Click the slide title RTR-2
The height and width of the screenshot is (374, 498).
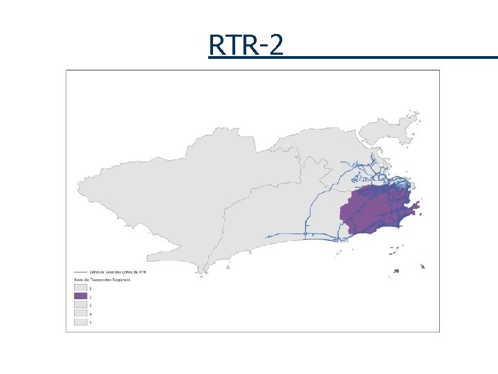click(246, 46)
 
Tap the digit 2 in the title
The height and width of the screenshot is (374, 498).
click(275, 46)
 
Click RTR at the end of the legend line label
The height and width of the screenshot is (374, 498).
click(143, 272)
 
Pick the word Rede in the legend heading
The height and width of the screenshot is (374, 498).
click(79, 279)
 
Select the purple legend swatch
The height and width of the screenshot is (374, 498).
click(81, 296)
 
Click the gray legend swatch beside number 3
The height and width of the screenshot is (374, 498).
click(81, 305)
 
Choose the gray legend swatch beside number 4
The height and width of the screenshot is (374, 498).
click(81, 313)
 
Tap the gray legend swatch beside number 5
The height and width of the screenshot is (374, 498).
click(81, 322)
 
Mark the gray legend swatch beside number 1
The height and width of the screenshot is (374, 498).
click(81, 287)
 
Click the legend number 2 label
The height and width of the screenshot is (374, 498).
click(91, 296)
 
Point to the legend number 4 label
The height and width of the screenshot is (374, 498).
click(91, 313)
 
